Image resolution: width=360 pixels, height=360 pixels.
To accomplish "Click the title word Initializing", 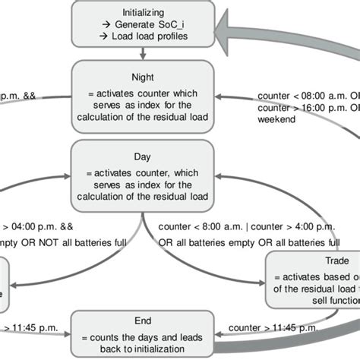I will [x=142, y=12].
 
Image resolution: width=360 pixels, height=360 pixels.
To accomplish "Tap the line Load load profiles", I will [x=148, y=36].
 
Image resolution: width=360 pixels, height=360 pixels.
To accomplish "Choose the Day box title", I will [x=142, y=156].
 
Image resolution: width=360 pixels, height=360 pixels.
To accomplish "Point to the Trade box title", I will [x=314, y=261].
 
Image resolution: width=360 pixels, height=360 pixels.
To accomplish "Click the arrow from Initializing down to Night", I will [x=143, y=52].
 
